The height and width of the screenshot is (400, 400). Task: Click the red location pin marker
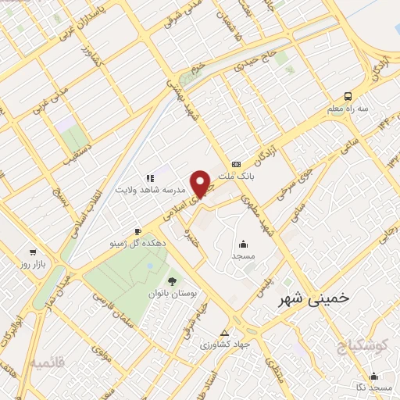202,183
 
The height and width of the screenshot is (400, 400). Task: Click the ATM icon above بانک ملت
237,163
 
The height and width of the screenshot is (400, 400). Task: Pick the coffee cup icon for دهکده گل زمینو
138,231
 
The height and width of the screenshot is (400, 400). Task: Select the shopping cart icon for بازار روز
33,252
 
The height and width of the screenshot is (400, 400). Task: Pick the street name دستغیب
78,149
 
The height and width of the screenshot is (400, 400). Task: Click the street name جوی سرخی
299,179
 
